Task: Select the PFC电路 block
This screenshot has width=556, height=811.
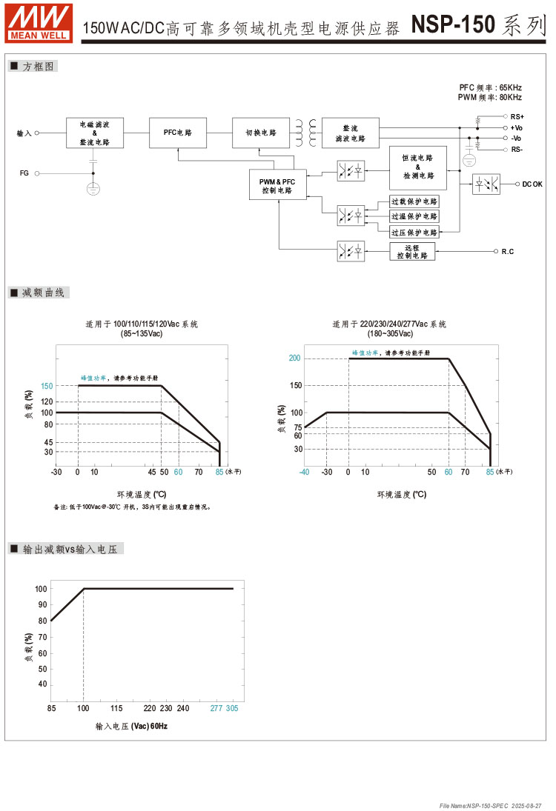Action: [x=178, y=133]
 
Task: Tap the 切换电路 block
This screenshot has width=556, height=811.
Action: [x=261, y=133]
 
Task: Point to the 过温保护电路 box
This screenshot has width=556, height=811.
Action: [x=414, y=216]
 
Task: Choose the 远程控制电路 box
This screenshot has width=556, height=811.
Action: [x=413, y=251]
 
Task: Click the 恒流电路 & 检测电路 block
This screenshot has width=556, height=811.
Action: [x=418, y=167]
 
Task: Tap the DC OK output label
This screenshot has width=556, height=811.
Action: [x=532, y=184]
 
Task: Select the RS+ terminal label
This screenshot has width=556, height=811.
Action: [x=517, y=117]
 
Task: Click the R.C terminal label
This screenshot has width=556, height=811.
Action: [x=508, y=252]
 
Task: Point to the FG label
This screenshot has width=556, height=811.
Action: [x=24, y=173]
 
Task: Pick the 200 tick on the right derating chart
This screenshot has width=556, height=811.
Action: [x=294, y=358]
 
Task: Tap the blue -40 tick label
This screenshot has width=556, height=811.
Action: [x=304, y=472]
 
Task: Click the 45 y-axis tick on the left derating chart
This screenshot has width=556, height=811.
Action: [x=48, y=442]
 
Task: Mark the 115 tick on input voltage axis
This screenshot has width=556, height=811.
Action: [x=116, y=709]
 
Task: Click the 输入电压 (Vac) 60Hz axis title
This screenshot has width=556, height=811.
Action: [x=131, y=727]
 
